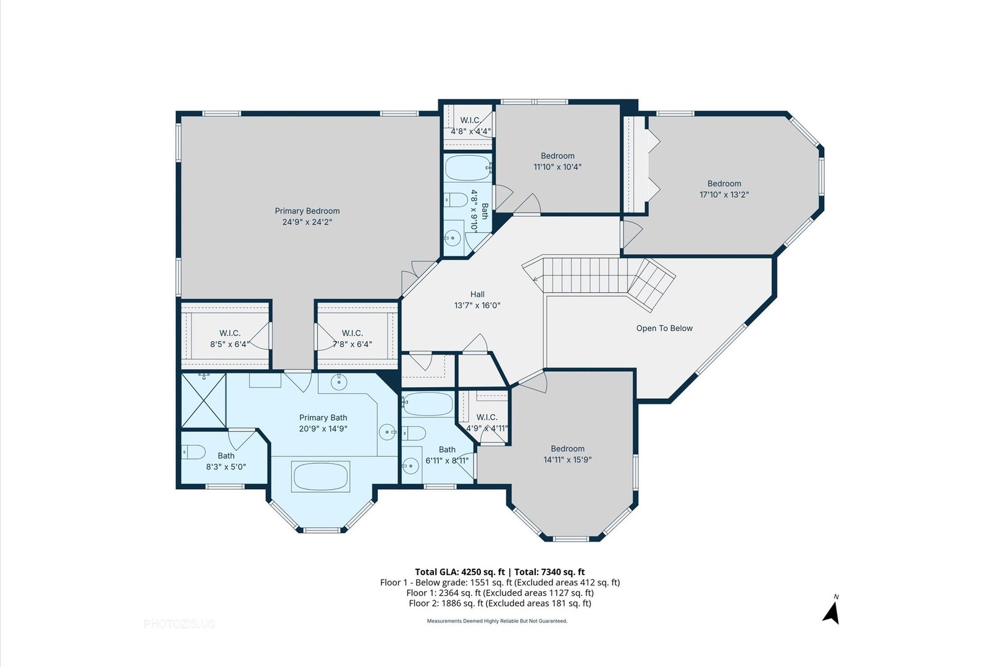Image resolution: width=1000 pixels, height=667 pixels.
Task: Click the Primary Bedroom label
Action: (307, 211)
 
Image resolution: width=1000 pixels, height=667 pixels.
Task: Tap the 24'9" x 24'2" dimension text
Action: (307, 222)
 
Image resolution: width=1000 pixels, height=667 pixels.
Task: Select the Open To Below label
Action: (664, 329)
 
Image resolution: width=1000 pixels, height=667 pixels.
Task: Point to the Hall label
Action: (477, 295)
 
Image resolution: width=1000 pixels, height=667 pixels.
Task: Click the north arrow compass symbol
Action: (831, 612)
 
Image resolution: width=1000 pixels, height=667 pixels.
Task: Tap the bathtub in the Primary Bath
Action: (320, 477)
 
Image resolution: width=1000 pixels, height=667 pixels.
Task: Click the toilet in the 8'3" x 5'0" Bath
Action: (193, 452)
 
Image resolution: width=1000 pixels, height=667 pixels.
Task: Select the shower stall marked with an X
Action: (204, 401)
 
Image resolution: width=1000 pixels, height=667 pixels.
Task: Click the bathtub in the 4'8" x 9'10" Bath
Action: (468, 168)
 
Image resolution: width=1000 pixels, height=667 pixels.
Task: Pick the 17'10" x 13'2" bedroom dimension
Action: (724, 195)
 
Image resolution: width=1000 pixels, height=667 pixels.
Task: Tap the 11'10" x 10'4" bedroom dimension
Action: (557, 167)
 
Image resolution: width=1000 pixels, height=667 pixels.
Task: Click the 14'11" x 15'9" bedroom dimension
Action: (567, 459)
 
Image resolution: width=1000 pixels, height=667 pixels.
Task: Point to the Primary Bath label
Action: (323, 417)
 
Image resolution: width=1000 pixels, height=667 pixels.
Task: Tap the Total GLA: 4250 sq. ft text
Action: (460, 572)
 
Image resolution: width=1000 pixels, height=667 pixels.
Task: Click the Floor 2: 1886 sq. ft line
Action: (500, 603)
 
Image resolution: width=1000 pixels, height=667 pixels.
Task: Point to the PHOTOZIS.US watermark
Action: (179, 624)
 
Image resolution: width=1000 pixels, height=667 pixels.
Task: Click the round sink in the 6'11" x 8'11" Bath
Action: (410, 466)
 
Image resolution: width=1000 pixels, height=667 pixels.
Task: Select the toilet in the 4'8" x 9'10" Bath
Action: (456, 199)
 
